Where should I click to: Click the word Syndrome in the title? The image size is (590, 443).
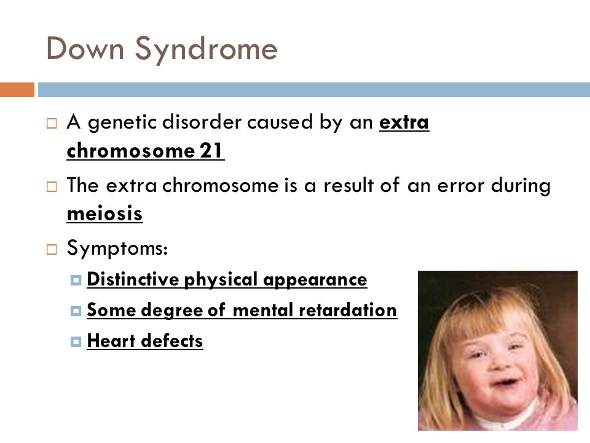pos(206,50)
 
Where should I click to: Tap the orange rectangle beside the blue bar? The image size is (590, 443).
pos(17,90)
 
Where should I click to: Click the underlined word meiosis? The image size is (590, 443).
pos(104,214)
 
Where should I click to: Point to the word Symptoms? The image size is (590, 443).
pos(117,249)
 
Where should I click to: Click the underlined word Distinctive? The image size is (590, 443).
pos(133,279)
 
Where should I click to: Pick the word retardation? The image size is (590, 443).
pos(348,310)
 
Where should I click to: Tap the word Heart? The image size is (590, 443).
pos(111,340)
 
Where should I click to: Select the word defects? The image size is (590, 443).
pos(172,340)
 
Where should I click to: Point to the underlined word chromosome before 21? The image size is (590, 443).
pos(130,150)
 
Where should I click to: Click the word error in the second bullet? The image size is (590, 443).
pos(460,186)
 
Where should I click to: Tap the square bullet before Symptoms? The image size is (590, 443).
pos(52,249)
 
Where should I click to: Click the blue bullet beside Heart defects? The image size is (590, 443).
pos(76,341)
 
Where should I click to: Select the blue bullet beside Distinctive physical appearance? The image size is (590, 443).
pos(76,281)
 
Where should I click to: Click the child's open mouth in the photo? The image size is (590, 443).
pos(505,383)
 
